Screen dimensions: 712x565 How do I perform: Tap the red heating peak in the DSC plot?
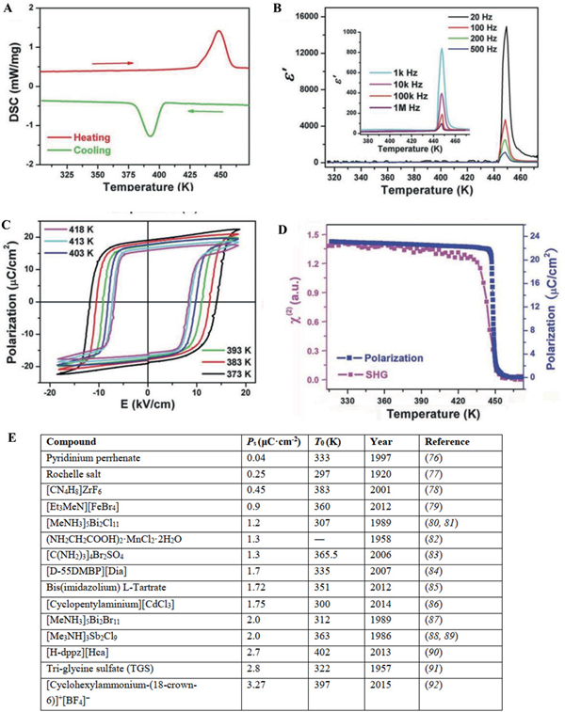218,32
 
